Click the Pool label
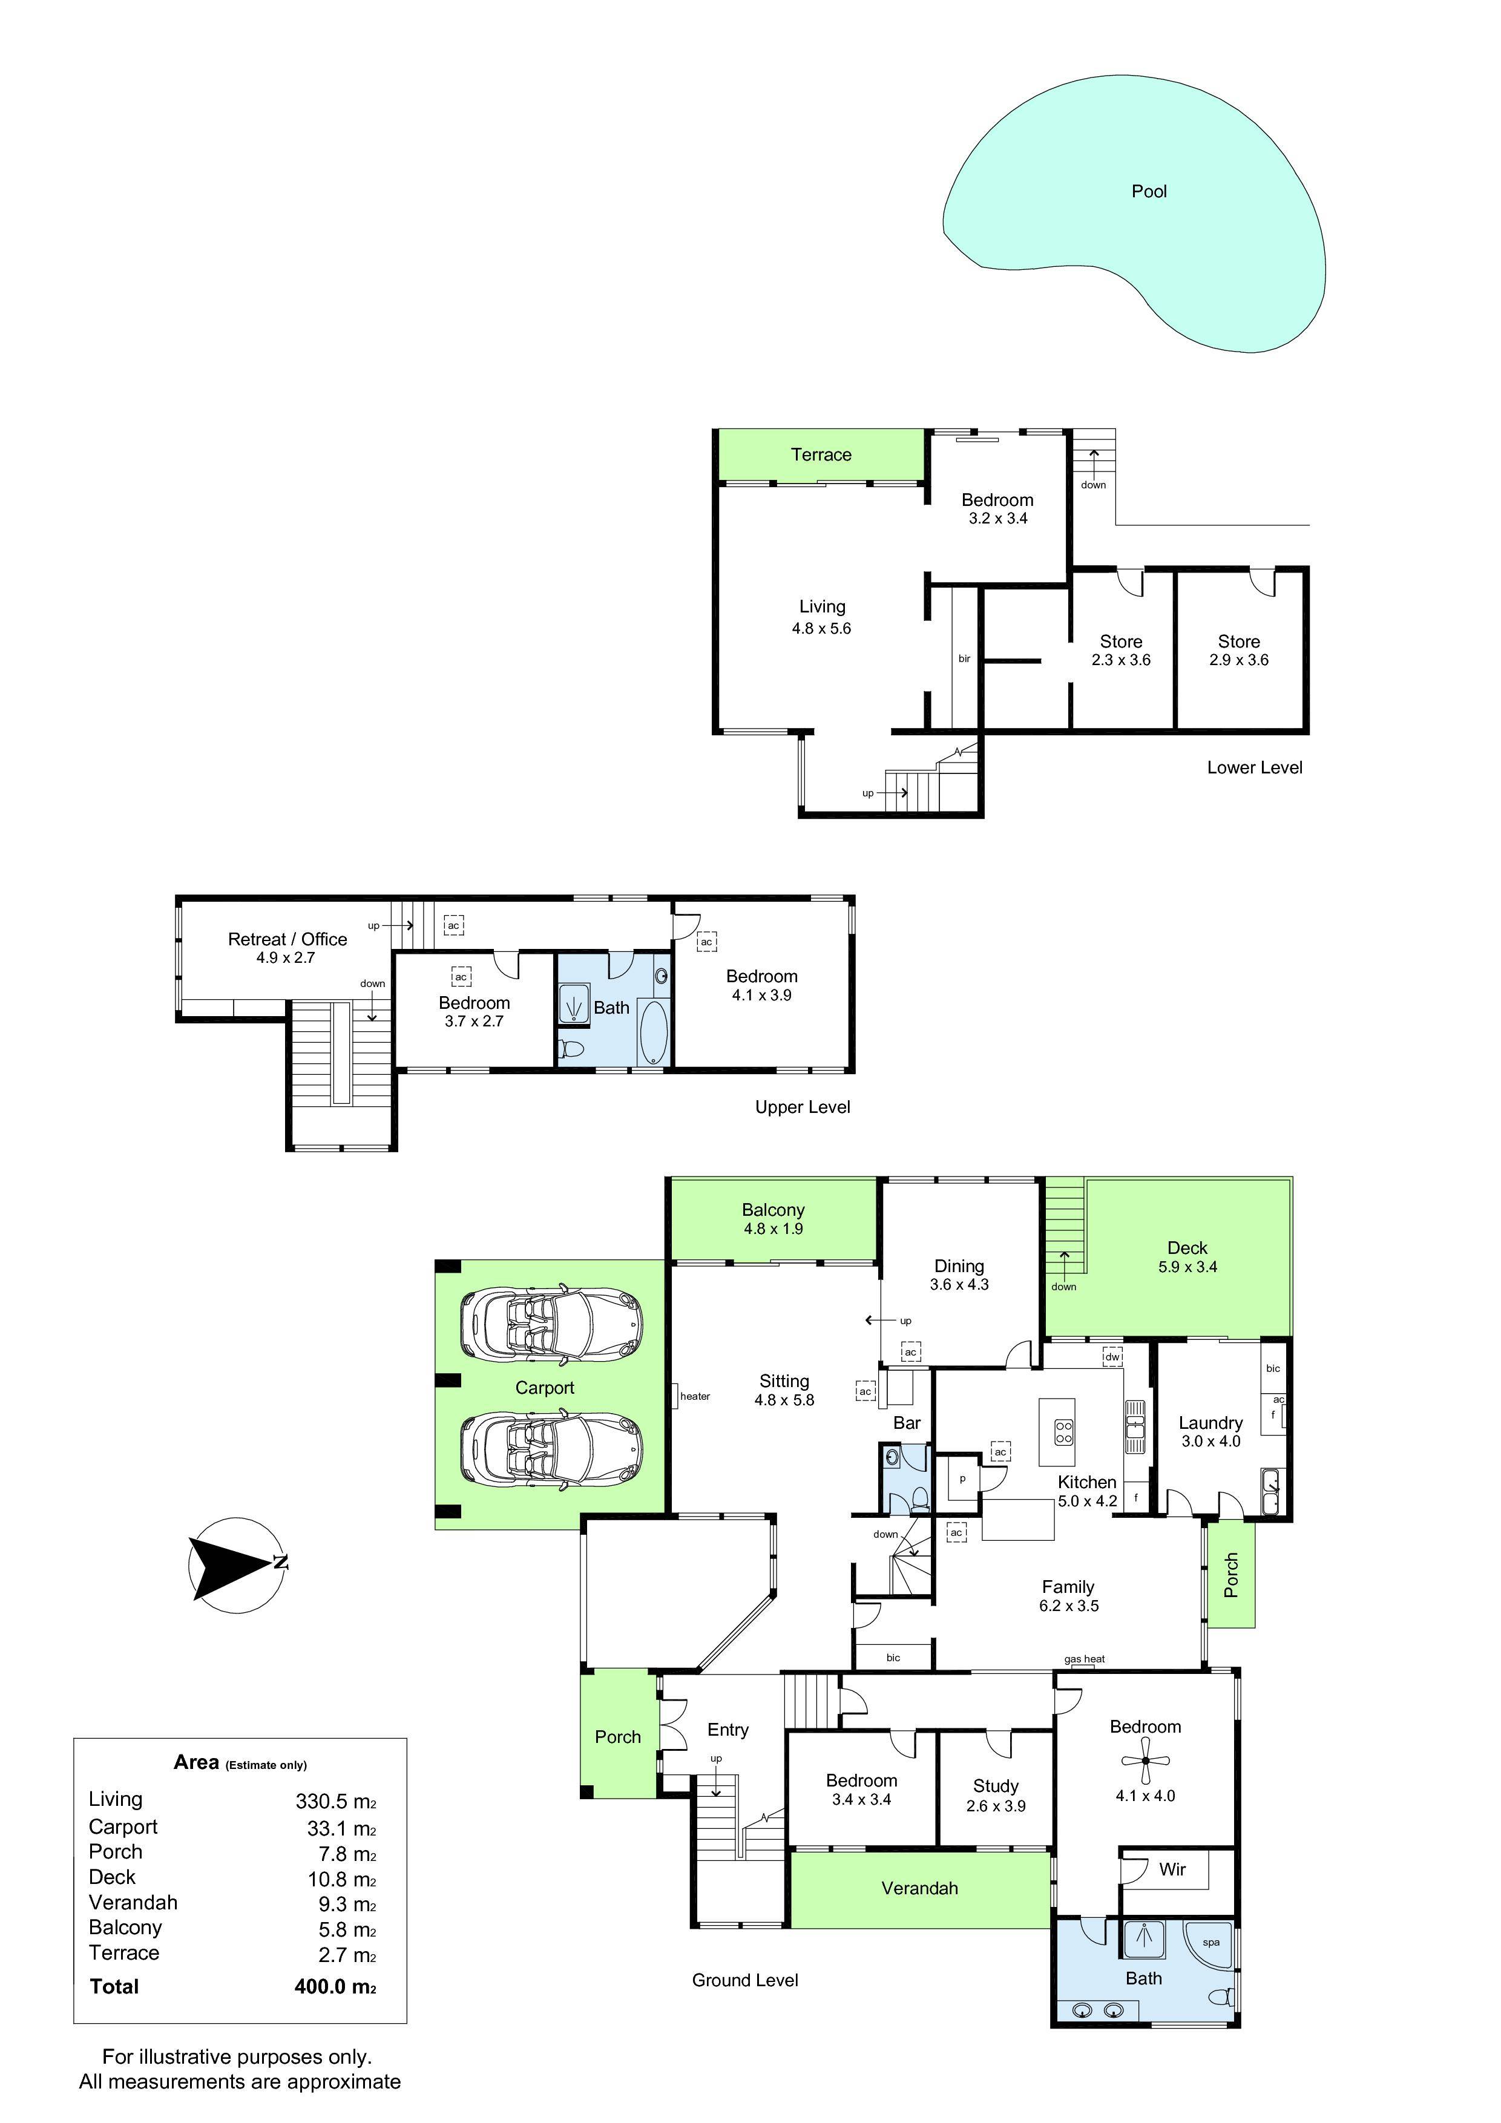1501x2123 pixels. [x=1149, y=191]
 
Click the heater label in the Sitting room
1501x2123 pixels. [x=695, y=1396]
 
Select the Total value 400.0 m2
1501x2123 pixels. [x=335, y=1986]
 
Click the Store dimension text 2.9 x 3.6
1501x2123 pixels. [x=1238, y=660]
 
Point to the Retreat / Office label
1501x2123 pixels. [x=287, y=939]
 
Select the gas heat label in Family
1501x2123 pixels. [x=1084, y=1659]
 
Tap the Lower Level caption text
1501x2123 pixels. [x=1254, y=767]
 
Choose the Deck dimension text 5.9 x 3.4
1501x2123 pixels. [x=1187, y=1267]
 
